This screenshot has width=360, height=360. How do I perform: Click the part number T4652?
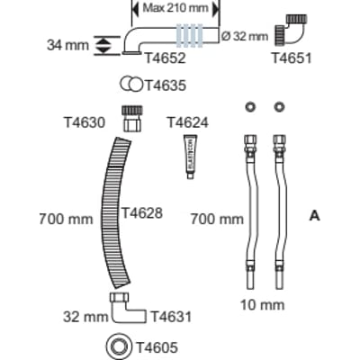(166, 58)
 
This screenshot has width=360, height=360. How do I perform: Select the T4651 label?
(292, 58)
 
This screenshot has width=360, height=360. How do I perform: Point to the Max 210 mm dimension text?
(175, 8)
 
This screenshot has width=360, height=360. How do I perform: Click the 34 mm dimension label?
(67, 45)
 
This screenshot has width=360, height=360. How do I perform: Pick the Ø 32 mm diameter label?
(245, 36)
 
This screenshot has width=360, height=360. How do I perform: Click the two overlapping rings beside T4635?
(131, 85)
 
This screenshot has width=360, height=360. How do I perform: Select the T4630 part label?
(85, 122)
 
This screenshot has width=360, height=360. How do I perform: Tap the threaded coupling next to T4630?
(132, 118)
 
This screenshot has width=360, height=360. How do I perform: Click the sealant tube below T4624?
(190, 157)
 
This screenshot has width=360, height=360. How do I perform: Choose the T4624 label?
(187, 122)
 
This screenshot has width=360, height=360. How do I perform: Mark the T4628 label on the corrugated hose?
(142, 213)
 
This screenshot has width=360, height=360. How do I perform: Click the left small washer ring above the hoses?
(249, 107)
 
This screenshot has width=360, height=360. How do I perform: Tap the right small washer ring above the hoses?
(279, 107)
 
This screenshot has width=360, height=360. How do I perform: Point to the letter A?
(315, 215)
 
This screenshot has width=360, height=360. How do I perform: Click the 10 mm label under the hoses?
(263, 305)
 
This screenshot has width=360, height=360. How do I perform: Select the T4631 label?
(171, 317)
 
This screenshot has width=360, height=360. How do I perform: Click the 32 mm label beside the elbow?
(85, 317)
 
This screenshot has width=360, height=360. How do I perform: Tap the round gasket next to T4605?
(120, 347)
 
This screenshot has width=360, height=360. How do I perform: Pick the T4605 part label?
(157, 347)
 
